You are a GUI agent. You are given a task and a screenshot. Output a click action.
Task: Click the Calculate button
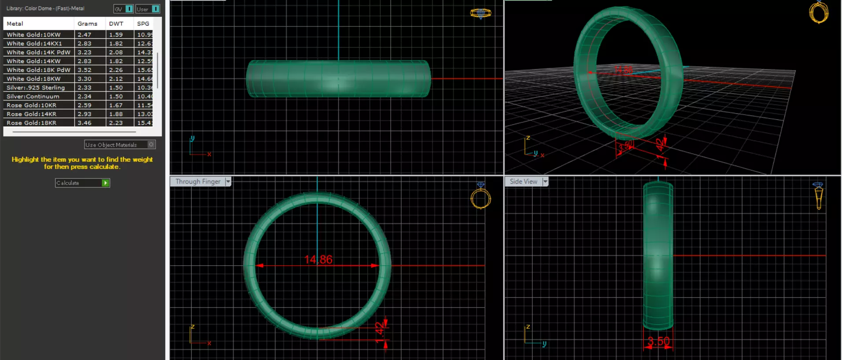82,183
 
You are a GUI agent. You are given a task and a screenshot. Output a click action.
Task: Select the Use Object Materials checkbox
151,145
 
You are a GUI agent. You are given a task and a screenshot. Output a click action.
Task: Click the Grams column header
87,24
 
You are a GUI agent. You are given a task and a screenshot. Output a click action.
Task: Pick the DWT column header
116,24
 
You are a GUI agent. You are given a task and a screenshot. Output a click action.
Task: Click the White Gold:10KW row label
33,35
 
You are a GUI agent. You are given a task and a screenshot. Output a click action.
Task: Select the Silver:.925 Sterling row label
36,88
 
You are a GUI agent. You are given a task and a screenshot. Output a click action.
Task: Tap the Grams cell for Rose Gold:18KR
85,123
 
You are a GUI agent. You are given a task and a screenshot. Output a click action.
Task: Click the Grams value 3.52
85,70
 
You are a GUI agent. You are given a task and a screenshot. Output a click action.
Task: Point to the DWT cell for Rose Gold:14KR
116,114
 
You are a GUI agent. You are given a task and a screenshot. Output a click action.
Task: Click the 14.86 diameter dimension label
318,260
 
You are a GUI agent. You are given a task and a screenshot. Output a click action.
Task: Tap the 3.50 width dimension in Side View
658,341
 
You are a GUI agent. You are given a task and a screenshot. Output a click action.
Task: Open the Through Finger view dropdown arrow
228,182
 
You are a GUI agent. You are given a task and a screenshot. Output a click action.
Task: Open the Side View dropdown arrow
545,182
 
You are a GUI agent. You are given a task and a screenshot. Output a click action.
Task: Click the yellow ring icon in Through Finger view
480,198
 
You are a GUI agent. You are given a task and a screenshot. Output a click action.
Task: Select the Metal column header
15,24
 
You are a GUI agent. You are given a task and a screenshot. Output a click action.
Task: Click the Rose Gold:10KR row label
31,105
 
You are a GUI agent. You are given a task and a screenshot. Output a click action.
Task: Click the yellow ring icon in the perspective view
819,12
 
